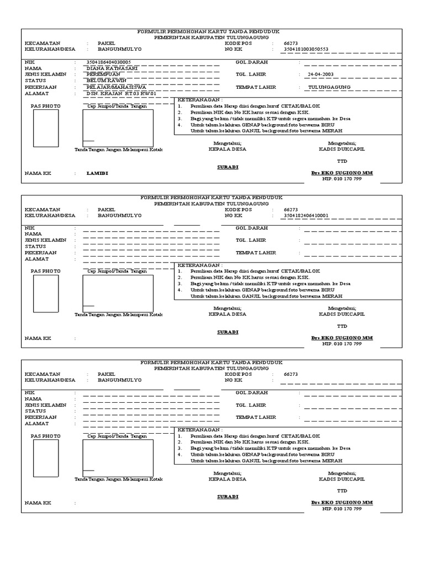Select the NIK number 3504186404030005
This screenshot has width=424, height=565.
[x=109, y=62]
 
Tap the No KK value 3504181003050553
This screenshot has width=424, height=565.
[x=305, y=49]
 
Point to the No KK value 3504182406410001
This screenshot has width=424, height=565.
[x=305, y=216]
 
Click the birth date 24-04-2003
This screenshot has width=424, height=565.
[x=321, y=74]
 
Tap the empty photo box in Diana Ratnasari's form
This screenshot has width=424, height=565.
[x=46, y=128]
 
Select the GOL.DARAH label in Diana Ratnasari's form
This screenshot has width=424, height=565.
[x=251, y=62]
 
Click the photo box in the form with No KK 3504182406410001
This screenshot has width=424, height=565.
[x=46, y=294]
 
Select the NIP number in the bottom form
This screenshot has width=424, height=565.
[x=342, y=509]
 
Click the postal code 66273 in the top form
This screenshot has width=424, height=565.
[x=290, y=42]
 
